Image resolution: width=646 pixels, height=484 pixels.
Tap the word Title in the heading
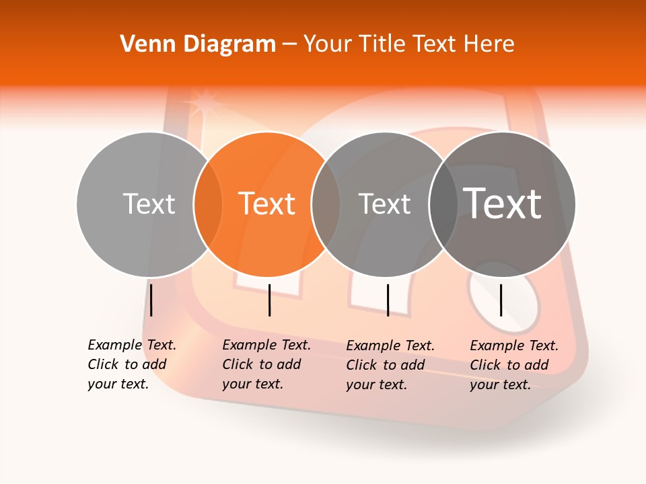383,44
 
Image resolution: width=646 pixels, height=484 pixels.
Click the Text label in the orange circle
267,204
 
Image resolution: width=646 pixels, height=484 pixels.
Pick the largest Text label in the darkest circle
503,203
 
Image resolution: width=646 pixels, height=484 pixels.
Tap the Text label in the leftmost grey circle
149,204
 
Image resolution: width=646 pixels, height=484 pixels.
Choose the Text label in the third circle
384,204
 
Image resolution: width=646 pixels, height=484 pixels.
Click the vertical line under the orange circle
269,300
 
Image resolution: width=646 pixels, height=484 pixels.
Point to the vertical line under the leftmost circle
151,300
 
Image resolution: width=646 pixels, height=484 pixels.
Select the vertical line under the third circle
388,300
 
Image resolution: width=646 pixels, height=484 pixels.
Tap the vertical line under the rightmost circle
501,300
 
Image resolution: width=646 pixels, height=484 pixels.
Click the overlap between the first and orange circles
209,204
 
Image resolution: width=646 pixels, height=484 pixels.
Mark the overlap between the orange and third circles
326,204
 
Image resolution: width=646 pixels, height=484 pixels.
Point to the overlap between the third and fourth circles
443,204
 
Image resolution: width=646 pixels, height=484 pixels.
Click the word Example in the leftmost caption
115,345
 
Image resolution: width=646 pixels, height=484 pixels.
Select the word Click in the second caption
238,364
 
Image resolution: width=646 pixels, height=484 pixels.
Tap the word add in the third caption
411,365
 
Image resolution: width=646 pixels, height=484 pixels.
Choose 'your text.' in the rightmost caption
500,385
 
